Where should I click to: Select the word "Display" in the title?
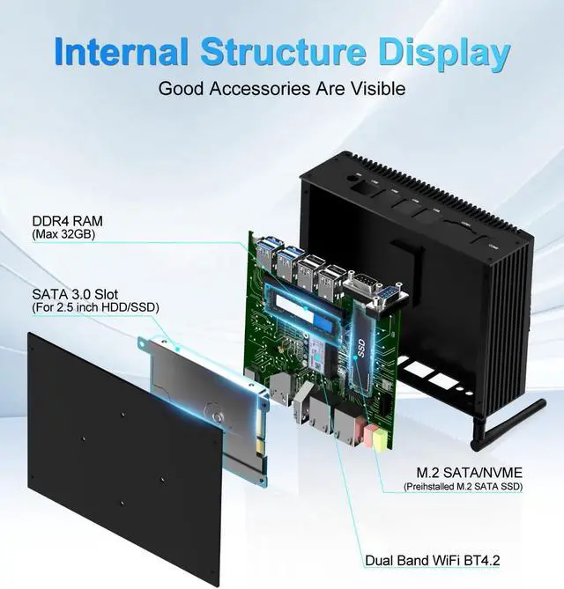444,52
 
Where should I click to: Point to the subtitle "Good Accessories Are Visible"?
281,89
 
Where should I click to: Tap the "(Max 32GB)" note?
63,235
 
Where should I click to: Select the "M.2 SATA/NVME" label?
461,471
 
